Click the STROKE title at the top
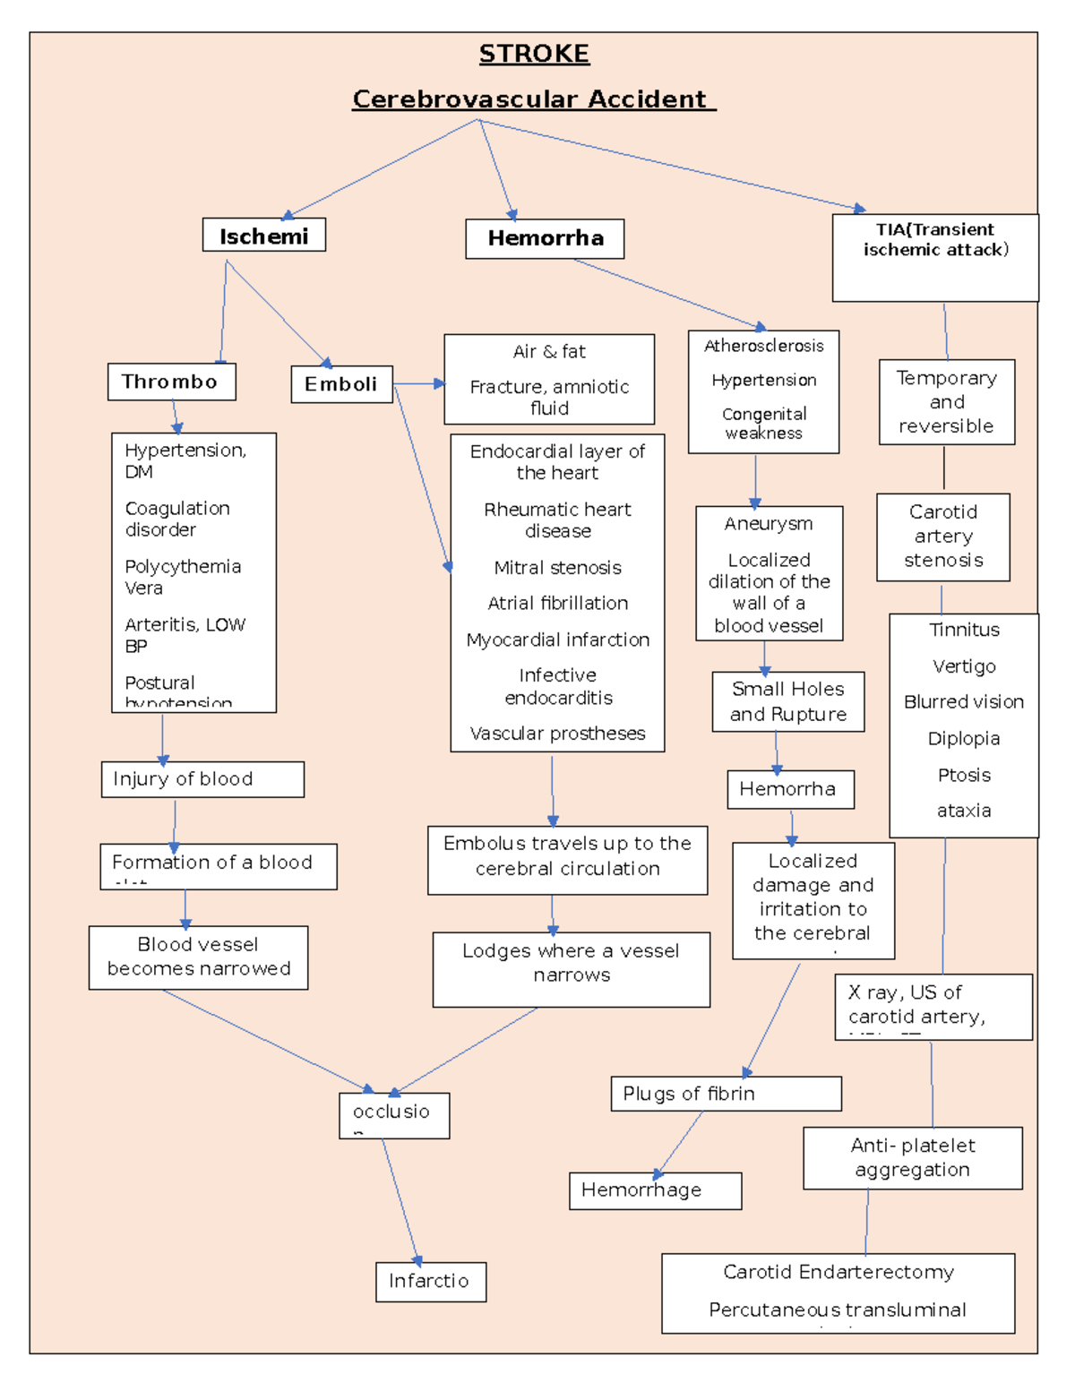coord(534,54)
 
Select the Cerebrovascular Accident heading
coord(533,99)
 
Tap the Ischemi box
coord(263,236)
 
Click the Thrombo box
coord(171,382)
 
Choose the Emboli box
coord(341,384)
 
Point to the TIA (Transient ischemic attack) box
coord(935,256)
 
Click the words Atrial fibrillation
coord(557,603)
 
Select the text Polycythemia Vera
coord(183,577)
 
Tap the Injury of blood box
coord(202,779)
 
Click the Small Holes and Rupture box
coord(788,701)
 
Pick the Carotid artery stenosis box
coord(943,537)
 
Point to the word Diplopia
coord(963,738)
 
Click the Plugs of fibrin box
coord(726,1094)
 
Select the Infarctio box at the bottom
coord(430,1281)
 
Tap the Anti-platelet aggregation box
coord(912,1157)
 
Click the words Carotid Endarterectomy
coord(838,1272)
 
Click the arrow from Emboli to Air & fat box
coord(419,383)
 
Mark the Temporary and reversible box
coord(946,402)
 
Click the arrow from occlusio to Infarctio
coord(400,1200)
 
